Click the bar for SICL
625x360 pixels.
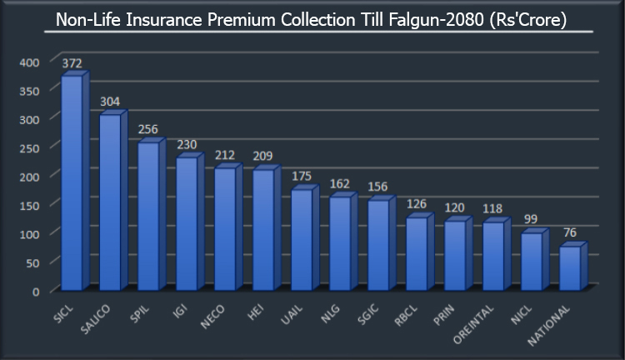tap(72, 183)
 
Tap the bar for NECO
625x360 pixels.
tap(225, 229)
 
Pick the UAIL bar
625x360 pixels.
tap(302, 240)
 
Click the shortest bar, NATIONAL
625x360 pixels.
tap(570, 268)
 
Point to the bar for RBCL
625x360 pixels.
tap(417, 254)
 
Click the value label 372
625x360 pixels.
tap(72, 65)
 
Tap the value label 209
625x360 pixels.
tap(263, 155)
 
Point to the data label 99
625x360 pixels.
tap(532, 219)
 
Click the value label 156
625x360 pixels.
tap(378, 187)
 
